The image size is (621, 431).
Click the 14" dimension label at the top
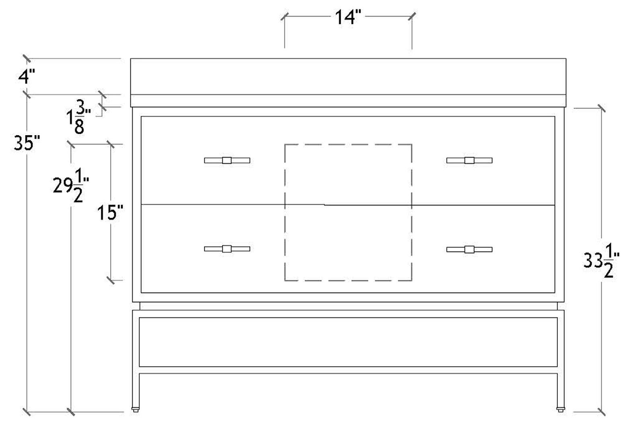point(348,17)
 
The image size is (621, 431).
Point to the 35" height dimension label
point(27,143)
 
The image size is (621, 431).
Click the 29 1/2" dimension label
point(71,185)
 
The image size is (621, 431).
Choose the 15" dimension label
point(110,212)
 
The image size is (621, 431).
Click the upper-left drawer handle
point(227,160)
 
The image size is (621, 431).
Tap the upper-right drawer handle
point(469,160)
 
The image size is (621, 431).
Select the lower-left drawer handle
point(227,248)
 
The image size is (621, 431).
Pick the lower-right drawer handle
point(469,249)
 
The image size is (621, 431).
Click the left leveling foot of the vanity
point(136,410)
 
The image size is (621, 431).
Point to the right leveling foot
point(560,410)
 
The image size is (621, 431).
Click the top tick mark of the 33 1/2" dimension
point(601,108)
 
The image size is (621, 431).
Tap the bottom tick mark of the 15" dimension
point(111,279)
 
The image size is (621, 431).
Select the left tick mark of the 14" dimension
point(285,16)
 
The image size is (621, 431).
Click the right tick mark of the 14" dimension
point(411,16)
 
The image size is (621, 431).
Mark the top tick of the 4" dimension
point(27,59)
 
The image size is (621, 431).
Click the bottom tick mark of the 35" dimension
point(27,412)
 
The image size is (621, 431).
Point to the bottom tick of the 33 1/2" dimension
point(601,411)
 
